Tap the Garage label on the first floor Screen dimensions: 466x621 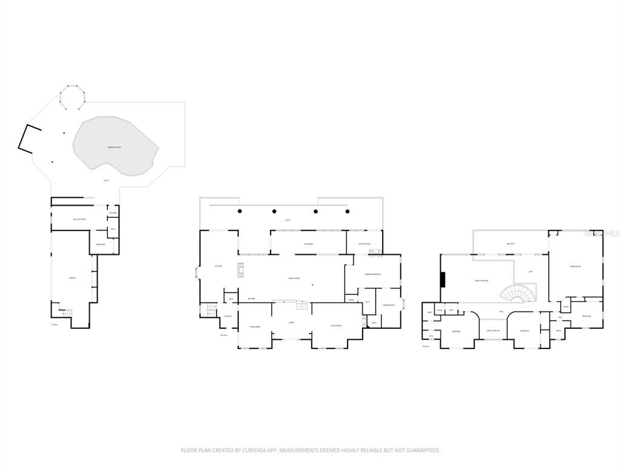coord(72,277)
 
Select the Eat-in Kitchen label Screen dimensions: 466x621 coord(79,219)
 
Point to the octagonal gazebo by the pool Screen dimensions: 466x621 coord(73,97)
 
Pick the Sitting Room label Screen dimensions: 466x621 coord(364,244)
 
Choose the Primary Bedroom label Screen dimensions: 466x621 coord(372,274)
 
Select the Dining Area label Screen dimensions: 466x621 coord(255,327)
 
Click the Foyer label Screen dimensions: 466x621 coord(291,322)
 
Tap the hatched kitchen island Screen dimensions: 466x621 coord(240,270)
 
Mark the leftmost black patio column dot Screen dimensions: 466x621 coord(240,211)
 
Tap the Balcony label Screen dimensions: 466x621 coord(511,244)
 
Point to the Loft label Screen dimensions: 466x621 coord(531,271)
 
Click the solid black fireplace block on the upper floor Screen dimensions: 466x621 coord(443,280)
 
